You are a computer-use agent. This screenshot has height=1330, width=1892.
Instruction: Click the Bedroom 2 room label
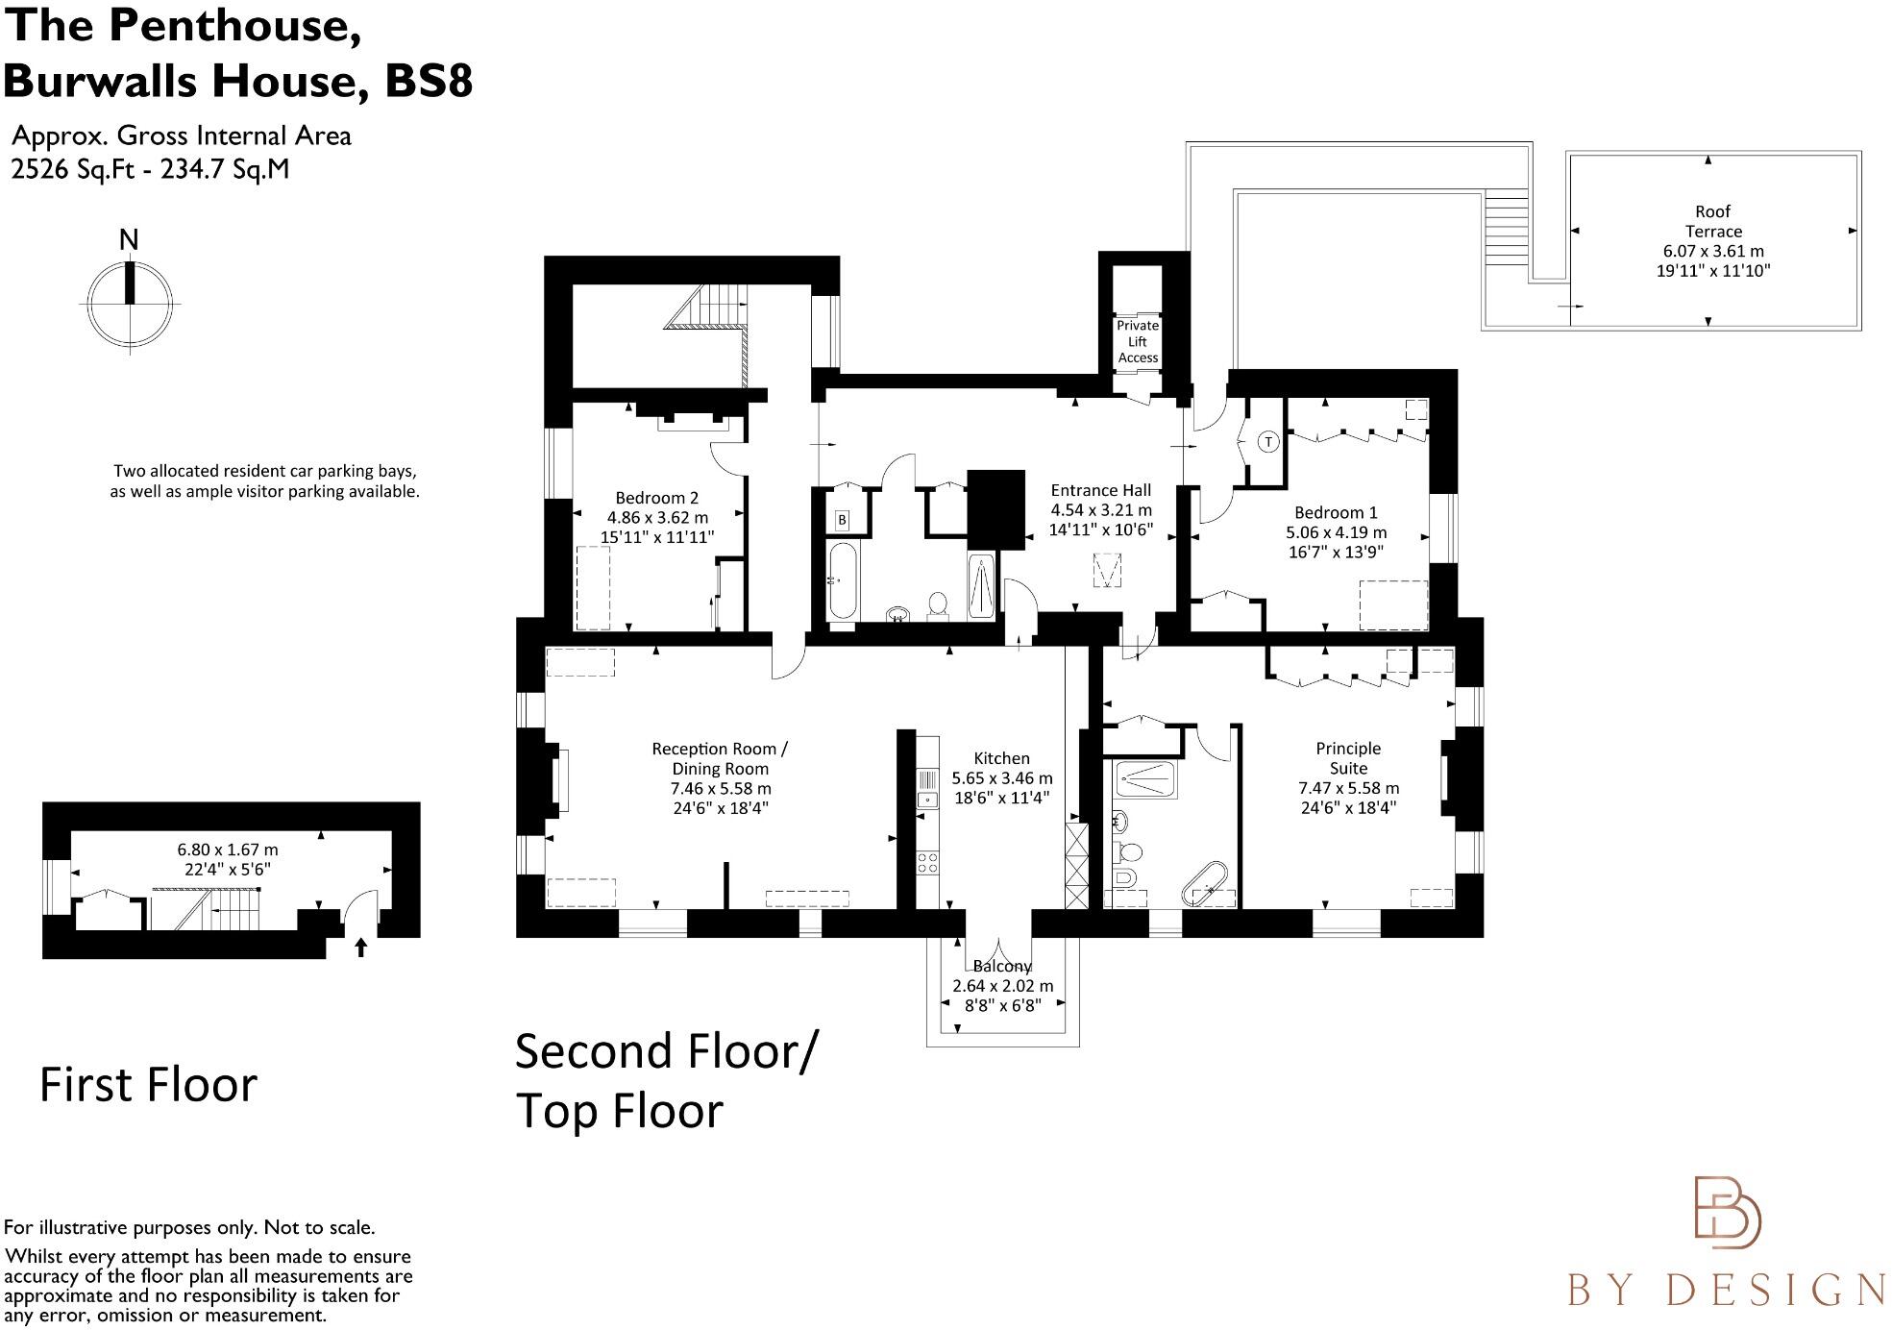(656, 498)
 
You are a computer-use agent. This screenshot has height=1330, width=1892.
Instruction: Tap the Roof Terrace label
(1712, 221)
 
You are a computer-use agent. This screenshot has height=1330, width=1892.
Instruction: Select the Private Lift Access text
(1138, 341)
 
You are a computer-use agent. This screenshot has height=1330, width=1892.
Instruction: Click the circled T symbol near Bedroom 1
(1268, 442)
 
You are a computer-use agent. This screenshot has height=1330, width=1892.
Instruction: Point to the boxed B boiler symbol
(843, 520)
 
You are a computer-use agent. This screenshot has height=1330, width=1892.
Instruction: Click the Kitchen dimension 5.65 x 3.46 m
(1001, 778)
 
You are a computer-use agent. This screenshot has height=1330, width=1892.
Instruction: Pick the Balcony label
(1001, 966)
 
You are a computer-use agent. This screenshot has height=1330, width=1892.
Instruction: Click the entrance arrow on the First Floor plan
(361, 948)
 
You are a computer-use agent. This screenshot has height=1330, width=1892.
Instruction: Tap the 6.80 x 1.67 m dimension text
(228, 850)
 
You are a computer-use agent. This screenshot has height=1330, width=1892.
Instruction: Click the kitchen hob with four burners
(927, 862)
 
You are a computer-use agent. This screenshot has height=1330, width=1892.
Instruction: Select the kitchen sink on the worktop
(927, 798)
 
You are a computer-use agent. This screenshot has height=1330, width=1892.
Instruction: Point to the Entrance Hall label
(1100, 490)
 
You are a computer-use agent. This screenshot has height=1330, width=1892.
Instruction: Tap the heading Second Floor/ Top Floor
(665, 1081)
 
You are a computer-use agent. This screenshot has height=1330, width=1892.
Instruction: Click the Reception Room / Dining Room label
(719, 758)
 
